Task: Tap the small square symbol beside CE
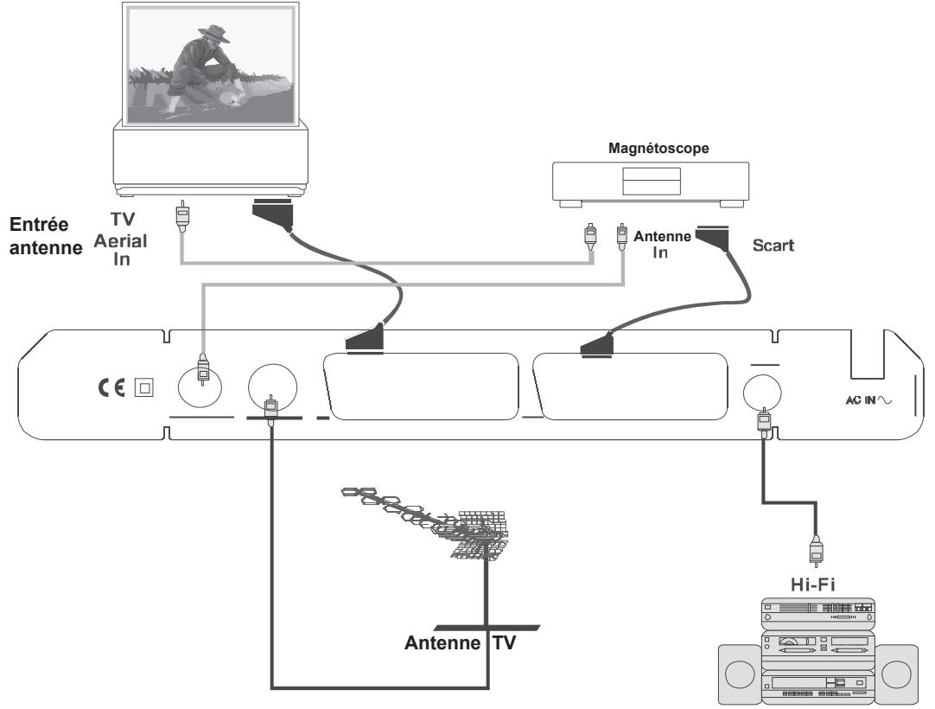point(138,387)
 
